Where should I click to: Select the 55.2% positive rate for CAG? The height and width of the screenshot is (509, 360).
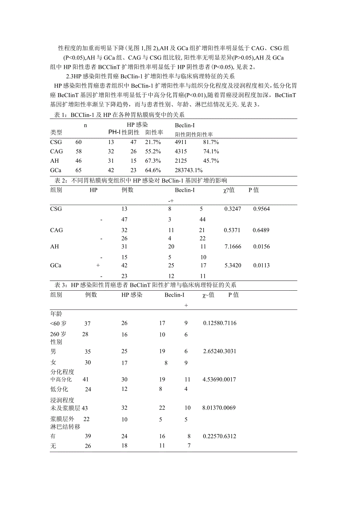(x=153, y=151)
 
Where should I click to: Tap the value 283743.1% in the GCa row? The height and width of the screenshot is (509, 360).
(x=189, y=171)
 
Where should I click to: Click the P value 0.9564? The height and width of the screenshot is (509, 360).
(x=261, y=209)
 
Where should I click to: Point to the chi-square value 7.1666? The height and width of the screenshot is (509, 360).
(x=232, y=247)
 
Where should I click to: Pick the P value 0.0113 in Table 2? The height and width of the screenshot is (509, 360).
(x=261, y=266)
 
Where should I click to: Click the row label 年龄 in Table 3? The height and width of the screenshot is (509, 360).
(x=56, y=314)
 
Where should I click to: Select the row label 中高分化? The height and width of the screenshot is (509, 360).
(x=61, y=380)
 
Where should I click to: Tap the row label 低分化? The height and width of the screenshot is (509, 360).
(x=59, y=389)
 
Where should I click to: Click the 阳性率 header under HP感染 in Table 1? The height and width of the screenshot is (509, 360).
(x=154, y=133)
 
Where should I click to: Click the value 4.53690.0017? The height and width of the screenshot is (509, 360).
(x=220, y=380)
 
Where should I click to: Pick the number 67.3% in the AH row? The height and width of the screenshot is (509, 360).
(x=153, y=161)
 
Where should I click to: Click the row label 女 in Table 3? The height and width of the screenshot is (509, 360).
(x=53, y=363)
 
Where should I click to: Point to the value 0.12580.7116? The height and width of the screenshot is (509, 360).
(x=220, y=323)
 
